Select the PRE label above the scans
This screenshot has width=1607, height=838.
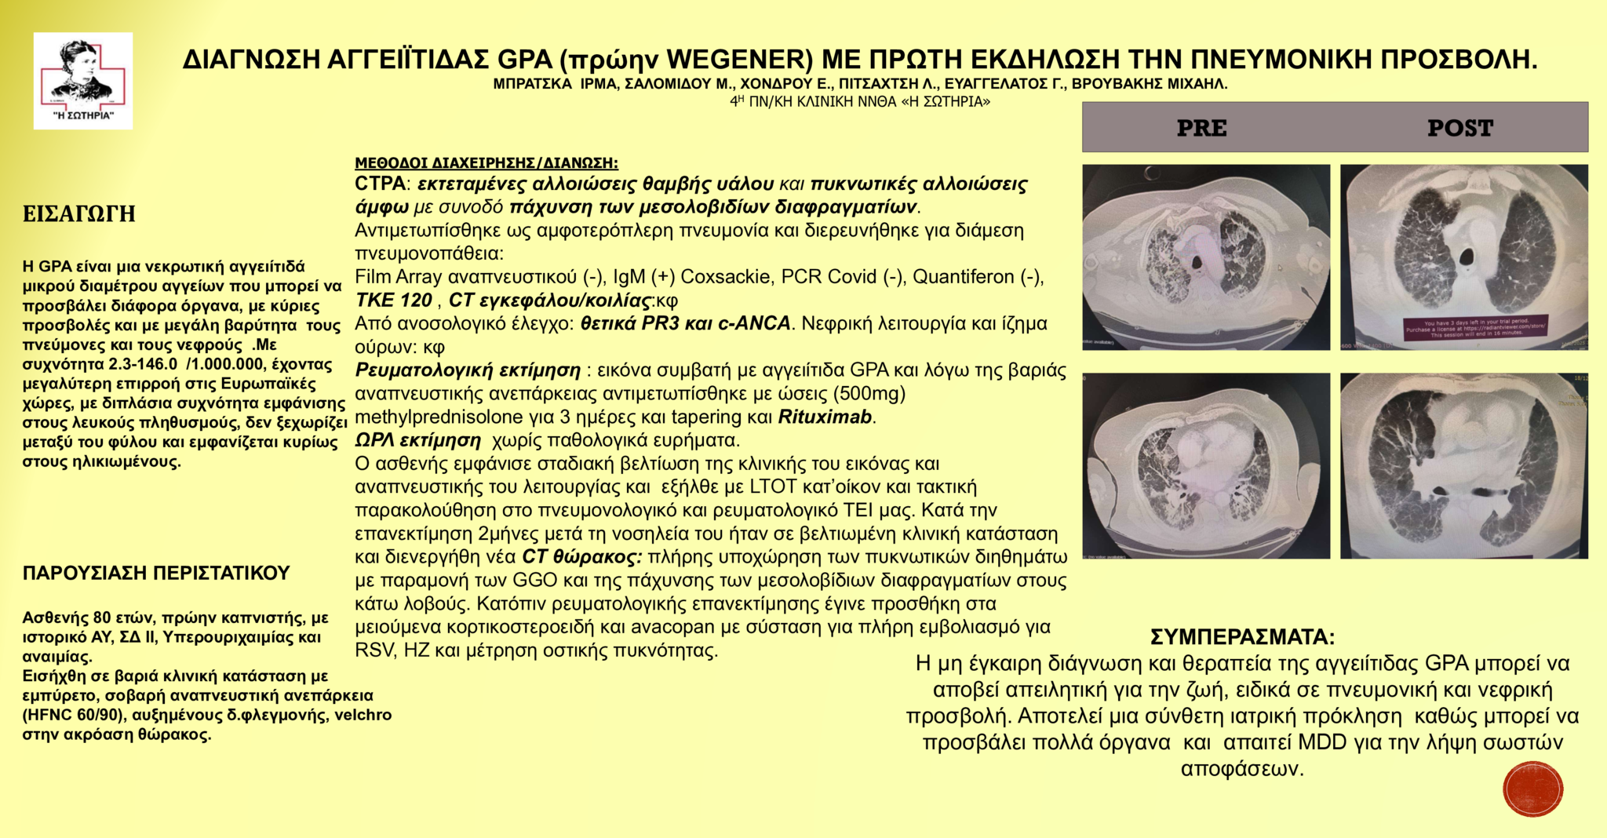click(x=1201, y=128)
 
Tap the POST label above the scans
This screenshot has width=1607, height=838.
click(x=1459, y=128)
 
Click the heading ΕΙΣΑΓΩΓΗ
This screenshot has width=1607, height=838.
click(x=79, y=214)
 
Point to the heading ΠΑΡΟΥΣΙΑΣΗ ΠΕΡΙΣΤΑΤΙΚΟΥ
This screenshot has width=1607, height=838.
click(x=156, y=573)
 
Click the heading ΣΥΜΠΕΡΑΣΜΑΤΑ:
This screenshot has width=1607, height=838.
click(x=1242, y=636)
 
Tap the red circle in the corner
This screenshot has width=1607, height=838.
click(x=1532, y=789)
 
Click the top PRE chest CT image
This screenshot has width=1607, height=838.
click(x=1206, y=257)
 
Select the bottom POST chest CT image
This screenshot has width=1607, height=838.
click(x=1463, y=465)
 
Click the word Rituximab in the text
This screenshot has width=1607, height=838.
click(x=825, y=417)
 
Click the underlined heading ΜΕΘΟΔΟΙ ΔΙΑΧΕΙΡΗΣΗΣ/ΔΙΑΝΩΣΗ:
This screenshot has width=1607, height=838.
click(x=486, y=163)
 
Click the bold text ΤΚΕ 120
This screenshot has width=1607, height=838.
click(x=393, y=301)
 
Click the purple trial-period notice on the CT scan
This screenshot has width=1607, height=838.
click(x=1464, y=327)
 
